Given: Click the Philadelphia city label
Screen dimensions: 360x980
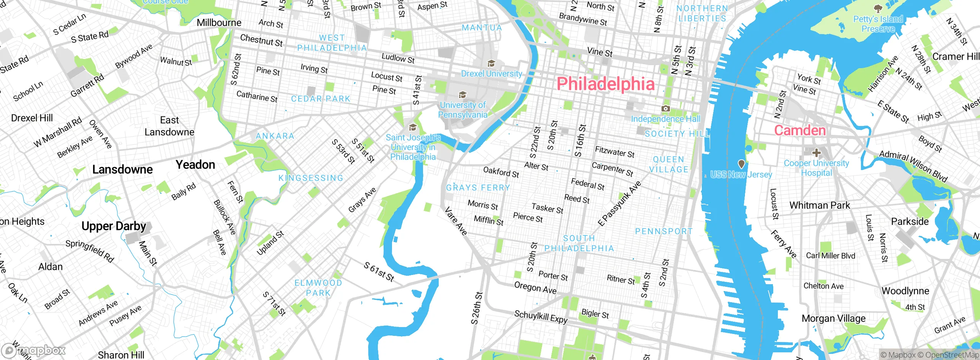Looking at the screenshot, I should tap(605, 84).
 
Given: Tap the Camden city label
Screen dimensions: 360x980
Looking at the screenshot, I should tap(800, 130).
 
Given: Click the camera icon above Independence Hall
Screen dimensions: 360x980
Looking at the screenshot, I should tap(666, 109).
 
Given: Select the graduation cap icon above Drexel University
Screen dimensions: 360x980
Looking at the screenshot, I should tap(491, 63).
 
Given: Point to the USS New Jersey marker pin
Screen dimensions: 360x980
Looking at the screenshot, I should tap(741, 164).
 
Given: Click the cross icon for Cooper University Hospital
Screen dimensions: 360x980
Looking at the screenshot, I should tap(816, 153).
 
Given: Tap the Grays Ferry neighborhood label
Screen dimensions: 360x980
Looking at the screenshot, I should tap(478, 188).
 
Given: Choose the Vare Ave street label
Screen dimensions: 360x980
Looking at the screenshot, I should tap(456, 221).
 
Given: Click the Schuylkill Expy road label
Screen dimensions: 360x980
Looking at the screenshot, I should tap(541, 317).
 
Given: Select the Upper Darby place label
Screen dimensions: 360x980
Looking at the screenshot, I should tap(114, 226).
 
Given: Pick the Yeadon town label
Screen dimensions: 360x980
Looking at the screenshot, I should tap(195, 165).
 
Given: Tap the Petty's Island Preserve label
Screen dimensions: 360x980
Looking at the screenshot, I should tap(878, 24).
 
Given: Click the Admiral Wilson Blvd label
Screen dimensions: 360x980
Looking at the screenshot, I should tap(913, 166).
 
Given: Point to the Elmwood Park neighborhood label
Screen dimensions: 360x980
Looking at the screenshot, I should tap(318, 288).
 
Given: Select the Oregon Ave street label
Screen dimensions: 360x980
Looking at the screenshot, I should tap(535, 287).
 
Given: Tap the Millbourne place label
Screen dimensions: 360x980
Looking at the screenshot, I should tap(219, 23).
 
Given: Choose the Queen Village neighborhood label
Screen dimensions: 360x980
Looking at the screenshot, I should tap(668, 164).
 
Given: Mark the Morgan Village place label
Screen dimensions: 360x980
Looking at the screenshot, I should tap(833, 318).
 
